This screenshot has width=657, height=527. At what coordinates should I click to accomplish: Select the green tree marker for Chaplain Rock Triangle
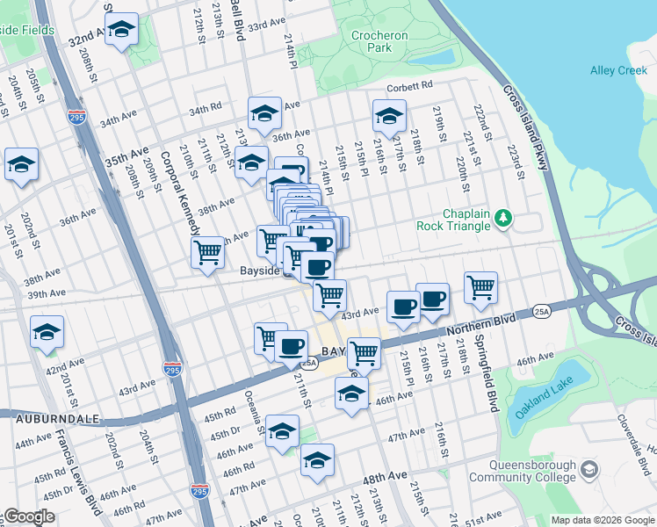tap(502, 216)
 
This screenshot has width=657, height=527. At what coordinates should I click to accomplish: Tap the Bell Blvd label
tap(236, 20)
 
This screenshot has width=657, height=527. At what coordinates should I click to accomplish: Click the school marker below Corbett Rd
tap(388, 115)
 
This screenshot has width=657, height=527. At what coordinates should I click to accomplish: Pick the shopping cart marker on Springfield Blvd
tap(481, 287)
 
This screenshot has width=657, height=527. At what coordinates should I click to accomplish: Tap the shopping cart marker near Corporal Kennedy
tap(207, 251)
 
